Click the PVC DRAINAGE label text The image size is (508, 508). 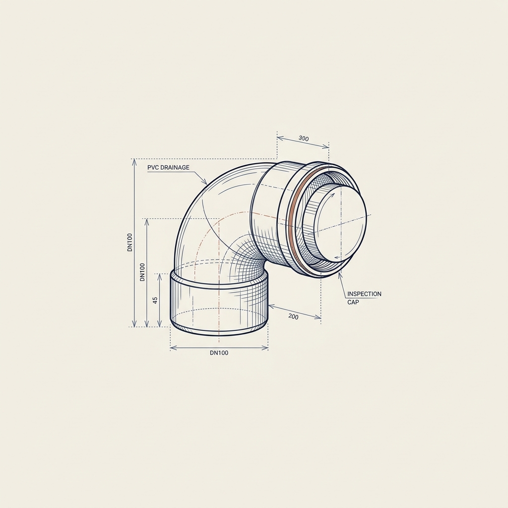pyautogui.click(x=168, y=168)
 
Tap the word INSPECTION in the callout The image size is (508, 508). pyautogui.click(x=364, y=294)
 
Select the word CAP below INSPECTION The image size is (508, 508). pyautogui.click(x=353, y=302)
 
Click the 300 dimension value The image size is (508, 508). pyautogui.click(x=304, y=139)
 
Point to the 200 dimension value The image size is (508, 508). pyautogui.click(x=293, y=317)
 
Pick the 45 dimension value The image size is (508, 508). pyautogui.click(x=155, y=300)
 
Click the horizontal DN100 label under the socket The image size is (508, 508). pyautogui.click(x=219, y=353)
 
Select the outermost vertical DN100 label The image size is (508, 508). pyautogui.click(x=130, y=242)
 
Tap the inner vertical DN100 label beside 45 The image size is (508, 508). pyautogui.click(x=142, y=272)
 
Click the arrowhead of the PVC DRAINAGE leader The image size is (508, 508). pyautogui.click(x=205, y=182)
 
